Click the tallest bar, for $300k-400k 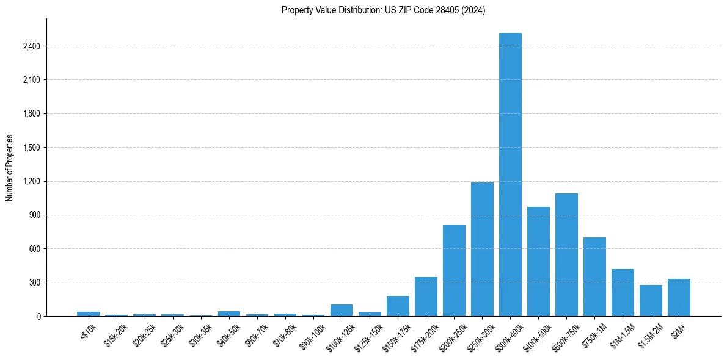[510, 175]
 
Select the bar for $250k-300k [482, 249]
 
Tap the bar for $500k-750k [566, 254]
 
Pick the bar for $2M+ [679, 298]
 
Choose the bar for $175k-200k [426, 297]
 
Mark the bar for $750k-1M [594, 276]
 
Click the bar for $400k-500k [538, 261]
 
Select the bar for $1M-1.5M [623, 292]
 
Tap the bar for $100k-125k [342, 310]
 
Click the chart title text [383, 10]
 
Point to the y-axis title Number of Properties [10, 168]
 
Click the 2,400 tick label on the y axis [29, 46]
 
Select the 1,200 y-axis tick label [29, 181]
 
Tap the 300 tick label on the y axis [34, 283]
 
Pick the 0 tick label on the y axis [38, 317]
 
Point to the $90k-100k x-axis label [312, 334]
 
